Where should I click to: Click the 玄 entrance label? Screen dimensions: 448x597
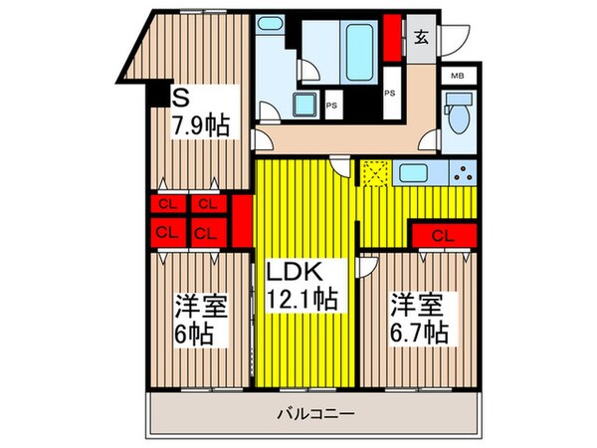(x=421, y=39)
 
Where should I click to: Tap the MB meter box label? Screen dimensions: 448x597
(x=459, y=76)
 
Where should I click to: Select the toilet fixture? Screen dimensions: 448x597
(x=456, y=116)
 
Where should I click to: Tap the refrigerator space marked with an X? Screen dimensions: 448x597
(x=374, y=174)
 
